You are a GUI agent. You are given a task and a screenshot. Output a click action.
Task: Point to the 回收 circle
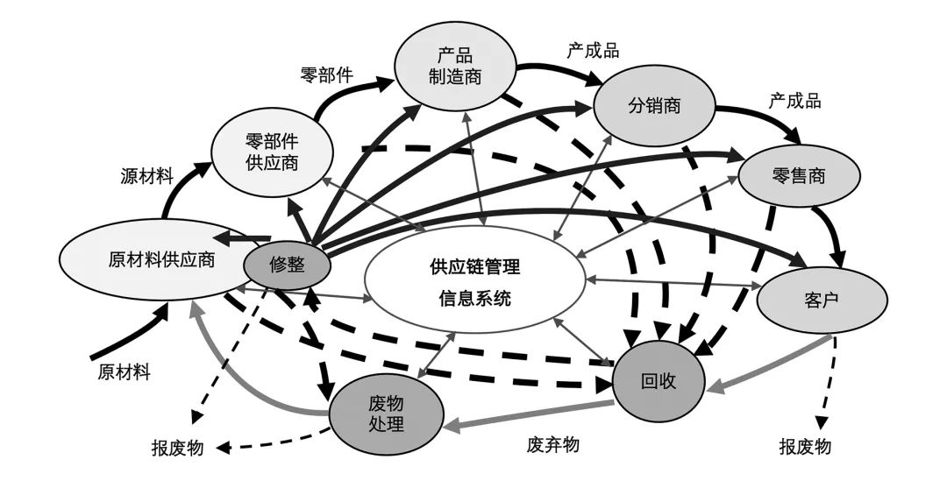coord(659,381)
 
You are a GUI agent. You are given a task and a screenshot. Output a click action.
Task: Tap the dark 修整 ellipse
coord(286,263)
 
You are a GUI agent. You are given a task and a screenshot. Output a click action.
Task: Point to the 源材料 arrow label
coord(146,175)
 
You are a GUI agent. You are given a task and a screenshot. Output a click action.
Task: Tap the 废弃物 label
coord(553,443)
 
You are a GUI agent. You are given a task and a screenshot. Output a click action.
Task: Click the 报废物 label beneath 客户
coord(805,446)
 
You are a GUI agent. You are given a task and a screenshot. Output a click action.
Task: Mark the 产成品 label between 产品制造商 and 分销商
coord(593,50)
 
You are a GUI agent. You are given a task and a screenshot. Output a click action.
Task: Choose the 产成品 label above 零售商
coord(794,100)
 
